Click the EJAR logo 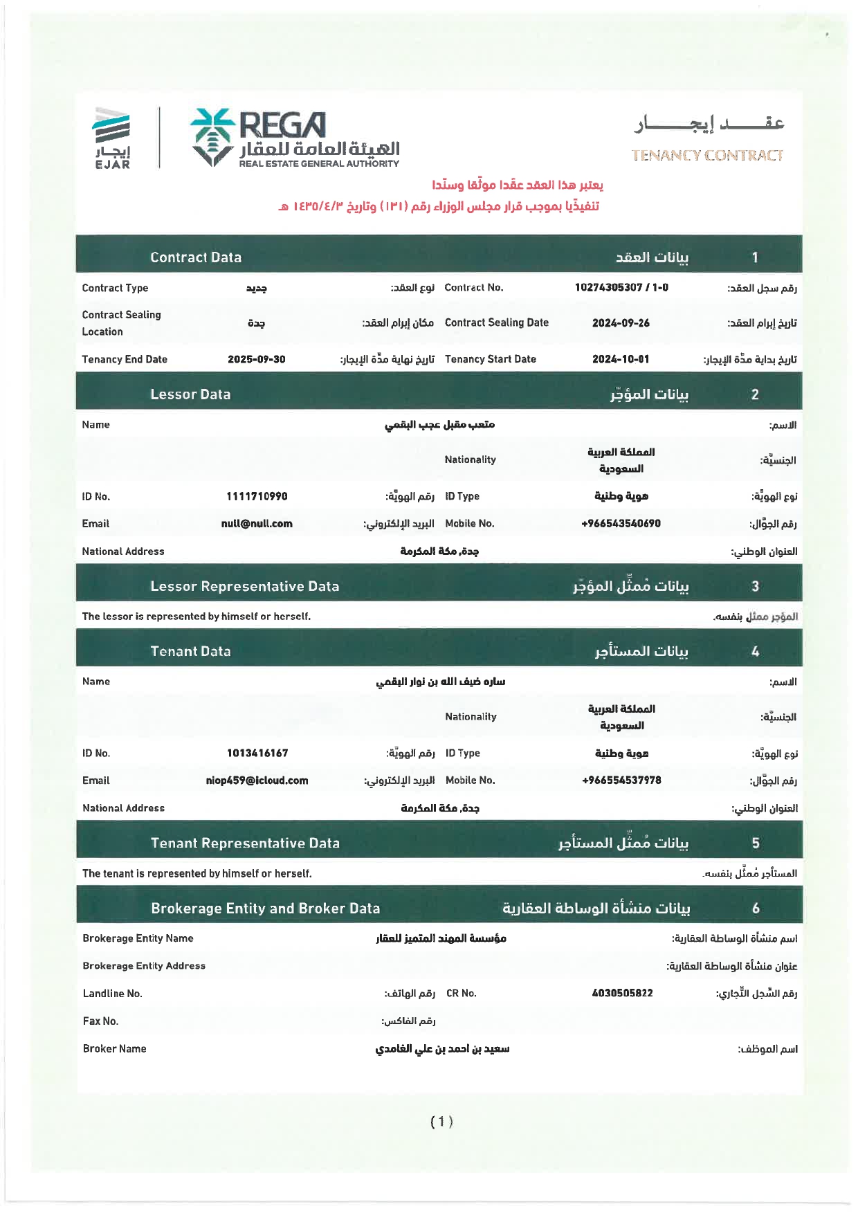click(112, 138)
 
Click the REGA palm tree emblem click(212, 136)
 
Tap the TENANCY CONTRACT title click(706, 155)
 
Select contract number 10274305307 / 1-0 click(621, 287)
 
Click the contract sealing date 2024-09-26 click(621, 323)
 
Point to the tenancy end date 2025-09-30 click(256, 359)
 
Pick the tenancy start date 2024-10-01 click(621, 359)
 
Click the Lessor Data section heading click(190, 394)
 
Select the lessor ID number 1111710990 click(257, 496)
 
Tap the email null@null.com click(257, 524)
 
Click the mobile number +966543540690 click(621, 524)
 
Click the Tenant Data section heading click(190, 651)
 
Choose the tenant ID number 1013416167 click(257, 753)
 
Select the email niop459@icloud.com click(257, 781)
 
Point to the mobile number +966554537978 click(621, 781)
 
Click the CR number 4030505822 click(622, 993)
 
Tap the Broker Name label click(114, 1048)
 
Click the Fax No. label click(100, 1021)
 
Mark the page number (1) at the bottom click(441, 1122)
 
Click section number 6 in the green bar click(756, 908)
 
